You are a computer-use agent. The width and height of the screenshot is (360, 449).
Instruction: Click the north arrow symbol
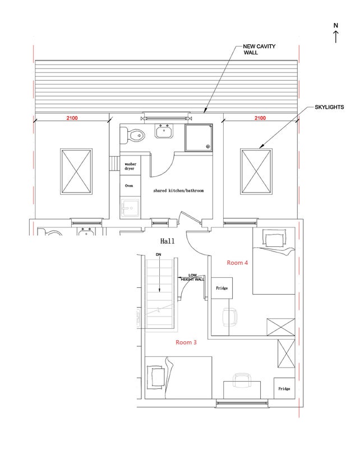tap(336, 33)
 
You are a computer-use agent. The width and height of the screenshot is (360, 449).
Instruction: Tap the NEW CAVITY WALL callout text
tap(259, 49)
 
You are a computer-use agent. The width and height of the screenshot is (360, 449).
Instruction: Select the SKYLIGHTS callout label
tap(329, 107)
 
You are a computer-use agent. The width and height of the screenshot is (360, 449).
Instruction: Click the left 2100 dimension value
tap(72, 118)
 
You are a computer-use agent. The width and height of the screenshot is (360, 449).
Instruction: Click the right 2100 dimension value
tap(260, 118)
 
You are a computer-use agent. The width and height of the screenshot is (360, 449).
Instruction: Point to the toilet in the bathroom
tap(132, 135)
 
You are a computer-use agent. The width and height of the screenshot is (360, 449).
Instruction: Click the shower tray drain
tap(208, 146)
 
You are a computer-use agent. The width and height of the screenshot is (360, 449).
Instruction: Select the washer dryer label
tap(130, 166)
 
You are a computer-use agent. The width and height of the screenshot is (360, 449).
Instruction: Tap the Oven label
tap(129, 186)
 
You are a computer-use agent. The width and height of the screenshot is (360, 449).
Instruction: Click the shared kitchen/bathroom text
tap(178, 190)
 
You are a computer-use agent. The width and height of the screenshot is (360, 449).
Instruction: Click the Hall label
tap(168, 241)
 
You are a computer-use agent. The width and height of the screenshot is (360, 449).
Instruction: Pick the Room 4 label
tap(237, 263)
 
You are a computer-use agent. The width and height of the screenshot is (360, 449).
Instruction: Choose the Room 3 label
tap(186, 342)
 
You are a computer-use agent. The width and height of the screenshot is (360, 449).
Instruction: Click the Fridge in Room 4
tap(222, 288)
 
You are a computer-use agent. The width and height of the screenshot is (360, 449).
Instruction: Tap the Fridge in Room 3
tap(284, 388)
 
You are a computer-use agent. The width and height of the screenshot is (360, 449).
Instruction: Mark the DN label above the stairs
tap(158, 255)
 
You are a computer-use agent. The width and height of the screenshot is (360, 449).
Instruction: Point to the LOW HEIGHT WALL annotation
tap(192, 277)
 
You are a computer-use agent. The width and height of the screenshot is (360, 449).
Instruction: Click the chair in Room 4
tap(230, 317)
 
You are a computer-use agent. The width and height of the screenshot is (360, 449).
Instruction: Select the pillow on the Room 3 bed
tap(156, 377)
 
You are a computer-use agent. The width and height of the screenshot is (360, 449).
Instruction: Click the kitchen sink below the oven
tap(130, 208)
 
